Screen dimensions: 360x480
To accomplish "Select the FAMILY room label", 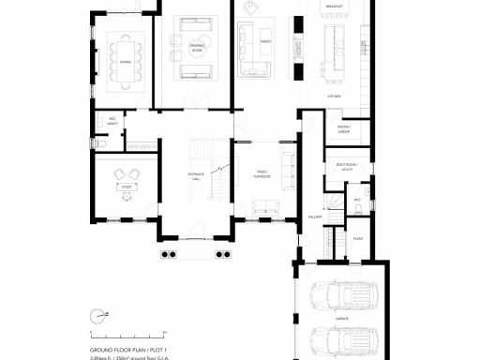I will [x=266, y=42].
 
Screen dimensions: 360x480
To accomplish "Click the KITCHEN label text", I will [x=334, y=97].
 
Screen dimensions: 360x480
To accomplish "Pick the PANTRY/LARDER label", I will [x=344, y=131].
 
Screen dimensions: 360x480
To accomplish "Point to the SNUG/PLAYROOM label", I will [x=263, y=175].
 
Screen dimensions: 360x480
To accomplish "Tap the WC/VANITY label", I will [x=112, y=121].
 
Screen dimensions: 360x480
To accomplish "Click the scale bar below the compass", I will [x=127, y=333].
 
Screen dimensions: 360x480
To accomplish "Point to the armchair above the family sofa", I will [x=249, y=7].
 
